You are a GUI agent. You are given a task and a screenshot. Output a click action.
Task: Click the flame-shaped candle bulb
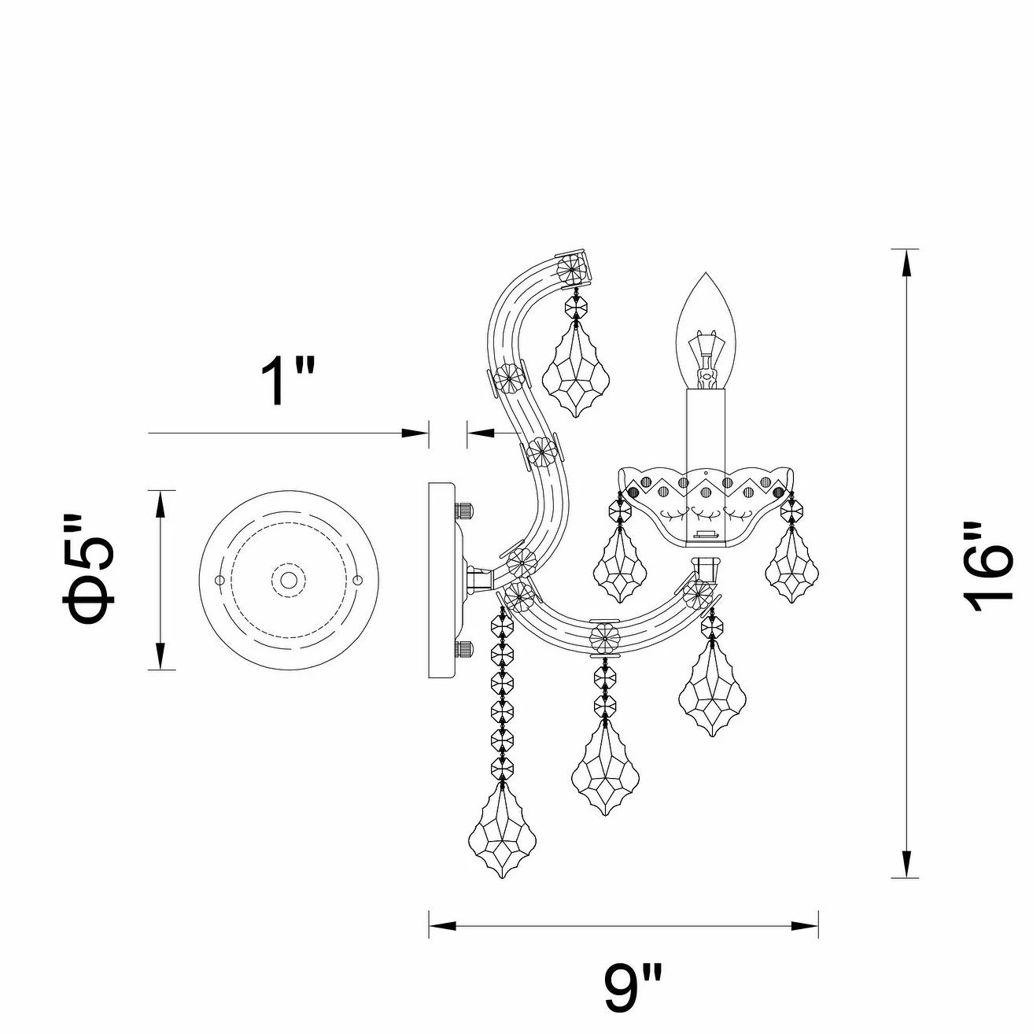tap(705, 330)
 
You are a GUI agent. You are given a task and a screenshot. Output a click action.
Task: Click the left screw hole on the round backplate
tap(220, 581)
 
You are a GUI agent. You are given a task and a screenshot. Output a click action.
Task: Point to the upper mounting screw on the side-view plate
tap(464, 510)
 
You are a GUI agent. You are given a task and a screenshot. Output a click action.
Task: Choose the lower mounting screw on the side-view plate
tap(464, 650)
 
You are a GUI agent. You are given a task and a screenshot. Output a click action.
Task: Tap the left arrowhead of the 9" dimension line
tap(441, 926)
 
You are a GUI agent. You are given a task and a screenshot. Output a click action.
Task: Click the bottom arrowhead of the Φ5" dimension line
tap(160, 656)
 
